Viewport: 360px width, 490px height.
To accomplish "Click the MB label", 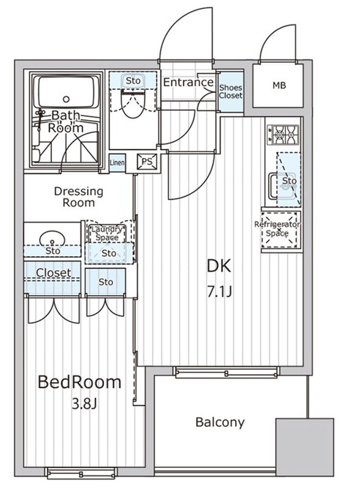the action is (279, 85).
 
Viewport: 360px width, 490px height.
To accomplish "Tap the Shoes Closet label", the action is (231, 91).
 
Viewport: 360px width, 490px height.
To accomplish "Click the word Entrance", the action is (189, 82).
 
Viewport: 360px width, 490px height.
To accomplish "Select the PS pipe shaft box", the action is (147, 162).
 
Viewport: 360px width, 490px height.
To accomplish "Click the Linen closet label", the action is (117, 162).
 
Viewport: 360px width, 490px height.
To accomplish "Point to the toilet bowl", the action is (133, 104).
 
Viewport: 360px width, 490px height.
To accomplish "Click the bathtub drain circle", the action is (66, 99).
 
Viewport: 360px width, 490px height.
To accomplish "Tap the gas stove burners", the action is (283, 135).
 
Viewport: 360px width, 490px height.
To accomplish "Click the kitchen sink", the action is (282, 186).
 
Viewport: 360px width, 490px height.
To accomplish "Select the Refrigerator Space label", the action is (277, 228).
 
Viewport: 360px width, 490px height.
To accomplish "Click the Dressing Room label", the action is (78, 197).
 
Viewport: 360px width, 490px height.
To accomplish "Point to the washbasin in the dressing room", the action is (52, 239).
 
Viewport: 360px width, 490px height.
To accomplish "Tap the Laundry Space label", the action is (107, 233).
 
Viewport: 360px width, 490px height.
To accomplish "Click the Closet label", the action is (53, 273).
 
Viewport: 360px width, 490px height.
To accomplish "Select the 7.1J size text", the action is (219, 293).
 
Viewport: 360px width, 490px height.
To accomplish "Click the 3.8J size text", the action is (84, 404).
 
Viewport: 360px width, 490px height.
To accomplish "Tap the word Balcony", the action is (220, 422).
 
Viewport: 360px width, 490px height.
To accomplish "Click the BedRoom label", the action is (80, 382).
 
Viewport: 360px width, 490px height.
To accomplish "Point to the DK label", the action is (219, 266).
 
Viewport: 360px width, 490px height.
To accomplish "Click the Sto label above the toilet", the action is (133, 81).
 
